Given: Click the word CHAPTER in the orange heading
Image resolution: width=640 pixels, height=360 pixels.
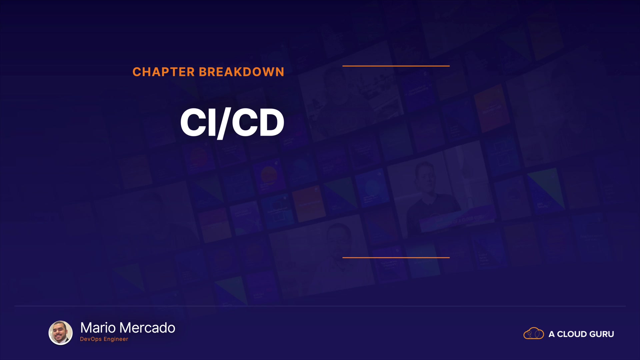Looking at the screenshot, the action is point(163,72).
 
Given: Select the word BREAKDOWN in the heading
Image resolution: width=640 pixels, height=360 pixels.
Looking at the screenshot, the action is point(242,72).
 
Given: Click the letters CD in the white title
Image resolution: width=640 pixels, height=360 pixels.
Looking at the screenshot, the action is point(258,122).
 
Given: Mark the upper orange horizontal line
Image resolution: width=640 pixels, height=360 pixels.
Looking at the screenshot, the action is point(396,66).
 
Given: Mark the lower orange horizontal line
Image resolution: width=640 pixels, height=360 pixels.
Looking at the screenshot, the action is point(396,257).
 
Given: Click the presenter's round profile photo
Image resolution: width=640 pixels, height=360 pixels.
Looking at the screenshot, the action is point(61,333).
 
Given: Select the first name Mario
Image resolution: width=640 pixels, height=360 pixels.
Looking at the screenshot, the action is point(98,328).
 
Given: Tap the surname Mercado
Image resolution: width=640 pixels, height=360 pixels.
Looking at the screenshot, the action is point(147,328).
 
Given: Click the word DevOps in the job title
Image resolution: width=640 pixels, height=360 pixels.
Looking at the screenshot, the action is point(91,339).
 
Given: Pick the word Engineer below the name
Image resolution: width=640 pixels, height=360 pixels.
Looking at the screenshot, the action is point(116,339).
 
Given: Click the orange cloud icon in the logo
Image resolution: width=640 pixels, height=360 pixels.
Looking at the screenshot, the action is point(534,333).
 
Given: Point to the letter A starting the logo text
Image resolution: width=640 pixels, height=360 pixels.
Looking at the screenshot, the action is point(552,334).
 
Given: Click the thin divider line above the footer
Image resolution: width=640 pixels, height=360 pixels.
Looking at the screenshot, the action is point(320,306).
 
